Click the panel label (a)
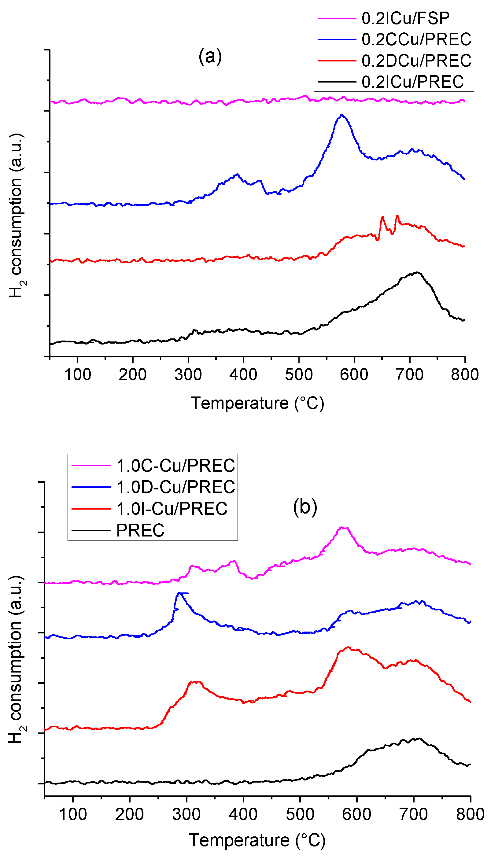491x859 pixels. click(210, 56)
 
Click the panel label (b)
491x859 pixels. click(305, 507)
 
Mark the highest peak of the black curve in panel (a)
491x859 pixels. click(418, 272)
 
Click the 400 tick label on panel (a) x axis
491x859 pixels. click(243, 375)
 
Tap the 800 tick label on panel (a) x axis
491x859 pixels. click(465, 375)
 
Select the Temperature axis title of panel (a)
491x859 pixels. click(257, 403)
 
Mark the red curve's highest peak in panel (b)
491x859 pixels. click(348, 647)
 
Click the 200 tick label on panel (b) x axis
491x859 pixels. click(130, 814)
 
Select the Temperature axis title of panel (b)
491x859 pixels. click(257, 840)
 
